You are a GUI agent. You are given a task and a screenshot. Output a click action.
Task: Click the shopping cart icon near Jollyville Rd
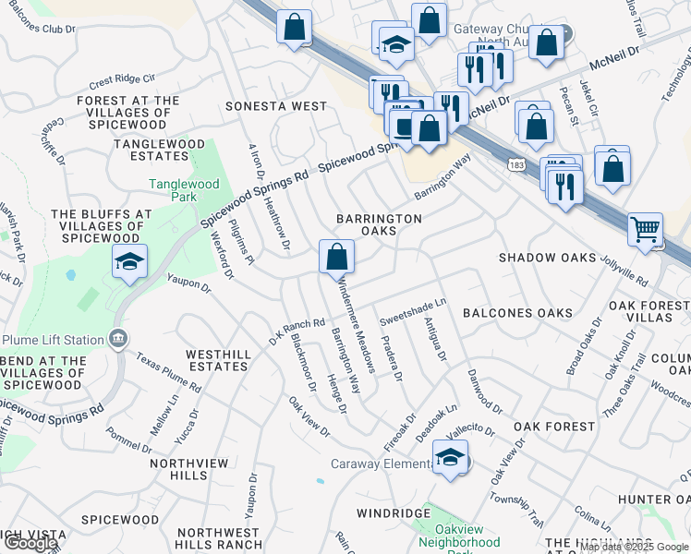coord(645,228)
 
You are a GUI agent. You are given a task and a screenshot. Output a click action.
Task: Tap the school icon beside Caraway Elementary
coord(450,457)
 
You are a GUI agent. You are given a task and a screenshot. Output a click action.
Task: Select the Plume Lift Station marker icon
coord(117,339)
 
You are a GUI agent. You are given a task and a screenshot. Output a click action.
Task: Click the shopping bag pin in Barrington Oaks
coord(337,255)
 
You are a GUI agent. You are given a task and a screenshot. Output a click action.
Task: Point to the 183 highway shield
coord(516,163)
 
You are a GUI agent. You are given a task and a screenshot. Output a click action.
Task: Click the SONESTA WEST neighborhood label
coord(276,106)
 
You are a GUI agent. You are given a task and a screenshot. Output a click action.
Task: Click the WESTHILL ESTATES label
coord(218,360)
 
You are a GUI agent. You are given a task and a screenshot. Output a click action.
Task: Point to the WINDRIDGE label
coord(394,512)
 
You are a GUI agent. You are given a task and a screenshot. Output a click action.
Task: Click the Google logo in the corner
coord(30,543)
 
